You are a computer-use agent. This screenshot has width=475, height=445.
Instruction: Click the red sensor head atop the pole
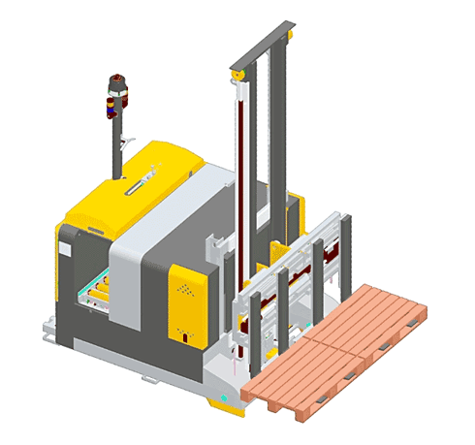point(118,93)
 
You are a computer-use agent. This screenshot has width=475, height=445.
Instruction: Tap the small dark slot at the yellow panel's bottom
point(185,335)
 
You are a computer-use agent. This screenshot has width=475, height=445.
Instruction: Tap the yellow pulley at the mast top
point(237,77)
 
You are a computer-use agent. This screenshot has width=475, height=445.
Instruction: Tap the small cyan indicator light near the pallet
point(224,397)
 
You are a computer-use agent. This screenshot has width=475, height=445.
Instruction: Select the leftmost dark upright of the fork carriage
point(254,330)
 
